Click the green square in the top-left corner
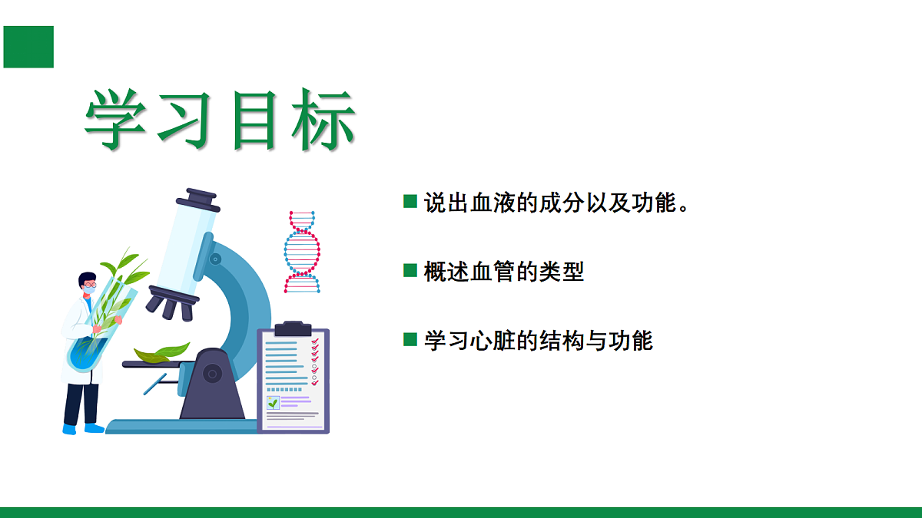click(28, 46)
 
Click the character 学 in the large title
click(116, 121)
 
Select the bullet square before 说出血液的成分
click(410, 202)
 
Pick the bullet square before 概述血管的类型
click(410, 270)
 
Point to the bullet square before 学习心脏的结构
click(410, 339)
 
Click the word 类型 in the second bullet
click(564, 271)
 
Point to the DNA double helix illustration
click(302, 252)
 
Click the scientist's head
click(88, 285)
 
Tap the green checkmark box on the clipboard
click(273, 402)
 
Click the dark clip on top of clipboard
click(293, 328)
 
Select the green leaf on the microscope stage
click(162, 352)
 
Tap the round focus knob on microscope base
click(212, 374)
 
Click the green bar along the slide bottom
click(461, 512)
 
